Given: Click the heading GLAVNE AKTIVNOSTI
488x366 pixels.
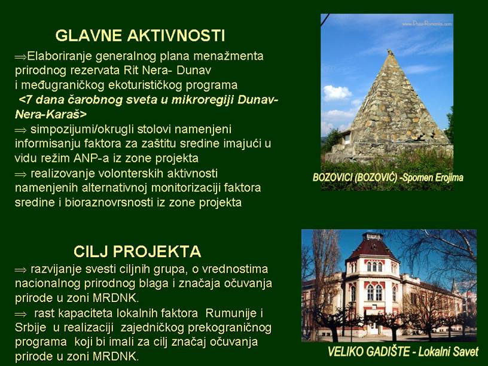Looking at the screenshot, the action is [140, 35].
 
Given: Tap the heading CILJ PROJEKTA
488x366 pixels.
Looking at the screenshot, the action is [138, 251].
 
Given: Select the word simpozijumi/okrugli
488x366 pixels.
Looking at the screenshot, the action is [82, 130].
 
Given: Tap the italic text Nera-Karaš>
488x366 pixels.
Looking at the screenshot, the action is [51, 114].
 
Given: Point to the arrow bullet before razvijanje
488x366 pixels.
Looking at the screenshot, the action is [20, 270].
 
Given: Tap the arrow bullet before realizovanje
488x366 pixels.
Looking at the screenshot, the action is [20, 174].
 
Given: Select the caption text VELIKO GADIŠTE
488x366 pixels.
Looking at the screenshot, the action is [368, 352].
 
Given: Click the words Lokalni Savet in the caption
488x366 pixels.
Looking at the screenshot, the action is [448, 352].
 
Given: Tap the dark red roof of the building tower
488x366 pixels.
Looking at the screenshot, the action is [373, 248].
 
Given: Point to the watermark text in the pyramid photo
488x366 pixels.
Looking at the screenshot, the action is [426, 24].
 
